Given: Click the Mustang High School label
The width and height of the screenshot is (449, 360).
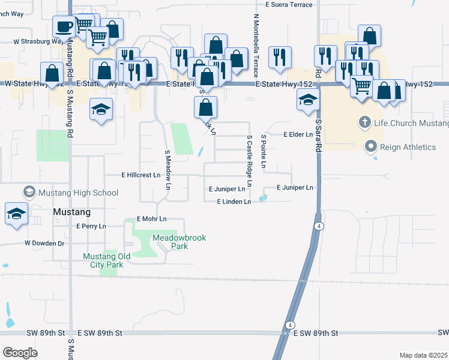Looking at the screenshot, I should coord(78,193).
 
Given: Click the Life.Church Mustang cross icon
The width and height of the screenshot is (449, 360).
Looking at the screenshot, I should coord(364,123).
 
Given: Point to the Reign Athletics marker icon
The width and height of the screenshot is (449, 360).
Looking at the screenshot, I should coord(370,146).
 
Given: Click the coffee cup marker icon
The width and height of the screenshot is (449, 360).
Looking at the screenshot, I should coord(64,26).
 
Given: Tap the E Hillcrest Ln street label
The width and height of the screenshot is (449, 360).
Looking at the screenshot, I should coord(141,175).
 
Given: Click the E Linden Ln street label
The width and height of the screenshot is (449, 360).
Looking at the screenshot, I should coord(234,202).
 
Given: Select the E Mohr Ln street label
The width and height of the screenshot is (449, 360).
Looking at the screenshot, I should coord(151,219).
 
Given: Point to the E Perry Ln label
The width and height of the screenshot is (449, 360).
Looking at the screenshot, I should coord(91,226).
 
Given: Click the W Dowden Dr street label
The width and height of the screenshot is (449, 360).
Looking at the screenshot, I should coord(44,243).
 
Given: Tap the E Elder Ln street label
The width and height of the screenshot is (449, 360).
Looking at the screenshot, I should coord(298,134).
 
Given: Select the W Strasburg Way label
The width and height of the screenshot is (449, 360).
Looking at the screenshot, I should coord(38,42).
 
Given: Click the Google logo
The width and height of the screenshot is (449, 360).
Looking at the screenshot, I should coord(20,353).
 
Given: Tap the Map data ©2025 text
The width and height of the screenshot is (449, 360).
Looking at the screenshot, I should coord(423,355).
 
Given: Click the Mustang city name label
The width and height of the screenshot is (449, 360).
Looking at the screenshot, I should coord(71,212).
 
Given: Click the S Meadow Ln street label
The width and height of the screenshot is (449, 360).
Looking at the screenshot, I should coord(168,170).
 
